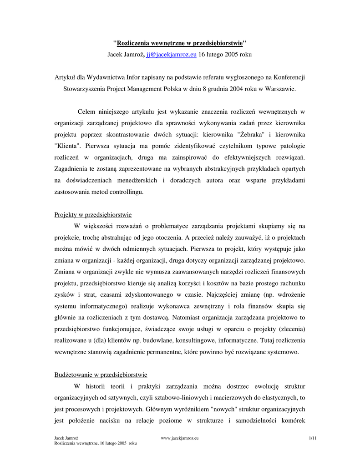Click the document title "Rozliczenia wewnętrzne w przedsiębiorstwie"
pyautogui.click(x=179, y=43)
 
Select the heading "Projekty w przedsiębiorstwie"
pyautogui.click(x=93, y=214)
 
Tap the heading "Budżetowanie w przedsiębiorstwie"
pyautogui.click(x=101, y=375)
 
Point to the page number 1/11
pyautogui.click(x=312, y=438)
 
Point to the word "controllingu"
pyautogui.click(x=126, y=192)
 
